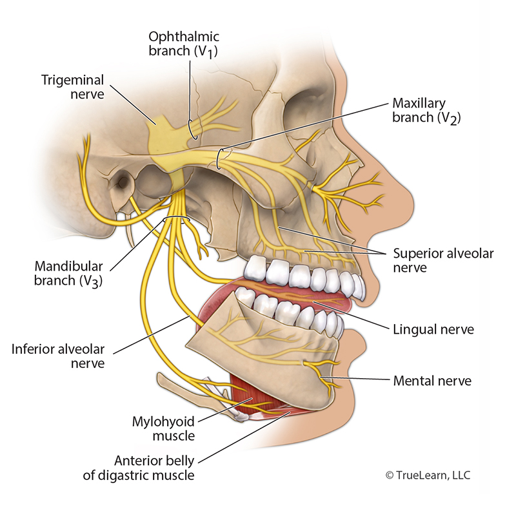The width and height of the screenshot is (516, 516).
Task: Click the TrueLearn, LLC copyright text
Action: coord(428,475)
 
